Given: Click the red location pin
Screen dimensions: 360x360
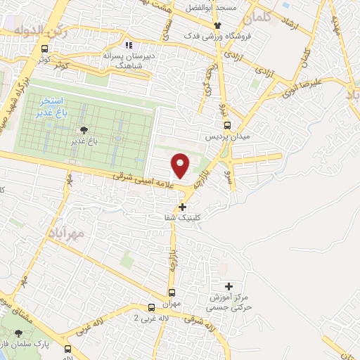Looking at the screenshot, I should (181, 165).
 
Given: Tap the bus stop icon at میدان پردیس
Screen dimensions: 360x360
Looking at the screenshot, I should (226, 125).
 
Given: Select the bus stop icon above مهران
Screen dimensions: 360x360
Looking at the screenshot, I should (171, 292).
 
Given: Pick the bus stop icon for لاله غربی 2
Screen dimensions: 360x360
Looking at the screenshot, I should (151, 307).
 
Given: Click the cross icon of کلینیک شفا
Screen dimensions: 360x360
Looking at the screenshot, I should (183, 207).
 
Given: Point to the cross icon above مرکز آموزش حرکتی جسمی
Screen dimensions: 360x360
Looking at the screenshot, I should (228, 286).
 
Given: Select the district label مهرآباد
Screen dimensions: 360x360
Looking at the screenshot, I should (68, 231).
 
